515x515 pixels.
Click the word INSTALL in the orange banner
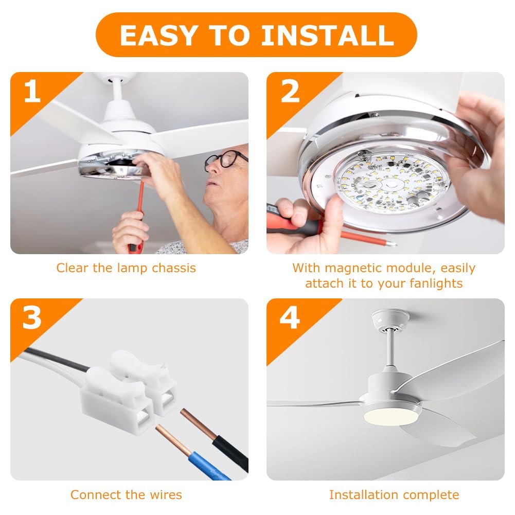[x=327, y=35]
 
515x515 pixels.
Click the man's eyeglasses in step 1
[x=225, y=160]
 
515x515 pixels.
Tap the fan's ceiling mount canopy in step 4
[x=390, y=319]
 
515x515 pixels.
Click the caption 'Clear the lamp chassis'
[x=126, y=268]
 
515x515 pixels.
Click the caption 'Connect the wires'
[x=126, y=495]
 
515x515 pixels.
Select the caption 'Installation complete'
[x=394, y=495]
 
